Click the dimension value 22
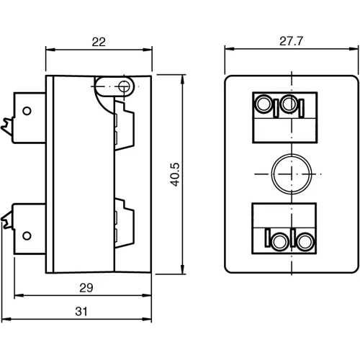[99, 42]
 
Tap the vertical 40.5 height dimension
[174, 175]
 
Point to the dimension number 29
[85, 287]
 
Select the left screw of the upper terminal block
[265, 105]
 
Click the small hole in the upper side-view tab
[27, 112]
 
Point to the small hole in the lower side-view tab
[27, 235]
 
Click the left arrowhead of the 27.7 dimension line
[228, 50]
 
